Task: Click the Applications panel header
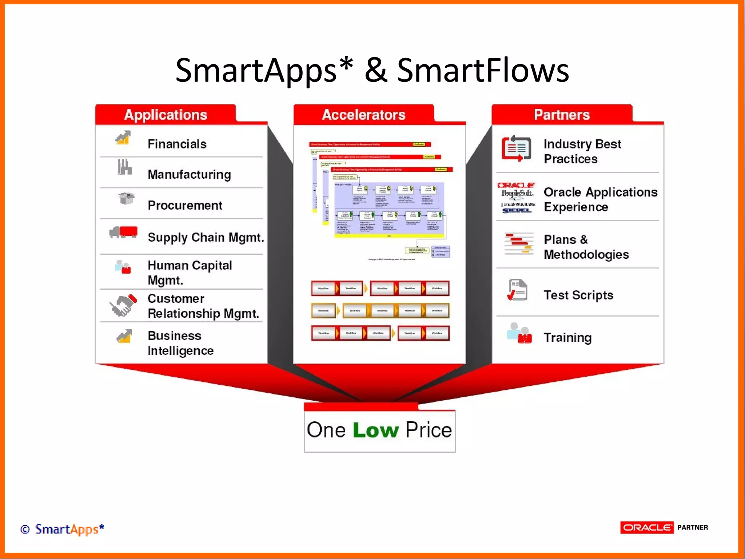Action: tap(166, 115)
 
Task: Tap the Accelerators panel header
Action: tap(363, 115)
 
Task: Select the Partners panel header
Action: tap(562, 115)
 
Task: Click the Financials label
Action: tap(177, 144)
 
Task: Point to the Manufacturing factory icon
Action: tap(124, 167)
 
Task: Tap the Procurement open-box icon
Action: tap(126, 198)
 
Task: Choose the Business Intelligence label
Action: tap(180, 343)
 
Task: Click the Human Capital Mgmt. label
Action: tap(190, 273)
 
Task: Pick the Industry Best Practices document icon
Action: tap(517, 148)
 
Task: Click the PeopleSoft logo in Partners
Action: tap(517, 193)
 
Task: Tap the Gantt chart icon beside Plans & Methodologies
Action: tap(519, 243)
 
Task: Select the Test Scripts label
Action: tap(578, 295)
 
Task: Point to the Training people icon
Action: tap(519, 333)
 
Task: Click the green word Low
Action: tap(376, 430)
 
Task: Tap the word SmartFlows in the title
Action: tap(483, 70)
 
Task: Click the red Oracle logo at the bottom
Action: tap(647, 527)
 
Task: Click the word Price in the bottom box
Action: tap(429, 430)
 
